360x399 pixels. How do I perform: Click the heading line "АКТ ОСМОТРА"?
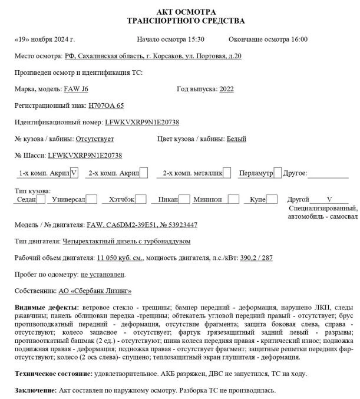coord(186,12)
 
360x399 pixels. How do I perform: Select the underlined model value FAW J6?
coord(75,89)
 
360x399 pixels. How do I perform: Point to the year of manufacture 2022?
coord(226,89)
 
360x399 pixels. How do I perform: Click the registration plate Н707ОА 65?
coord(106,105)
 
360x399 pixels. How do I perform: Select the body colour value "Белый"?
coord(236,139)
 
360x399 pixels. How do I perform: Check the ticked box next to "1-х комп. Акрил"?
coord(74,173)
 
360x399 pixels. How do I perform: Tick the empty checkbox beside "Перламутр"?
coord(278,173)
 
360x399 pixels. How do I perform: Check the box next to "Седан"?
coord(41,200)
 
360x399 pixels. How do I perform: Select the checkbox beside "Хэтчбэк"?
coord(141,200)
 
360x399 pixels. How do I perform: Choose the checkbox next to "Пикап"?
coord(184,200)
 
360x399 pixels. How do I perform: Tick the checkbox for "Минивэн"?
coord(234,200)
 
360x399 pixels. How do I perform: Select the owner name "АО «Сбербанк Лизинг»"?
coord(95,291)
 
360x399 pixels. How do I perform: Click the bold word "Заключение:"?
coord(35,390)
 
